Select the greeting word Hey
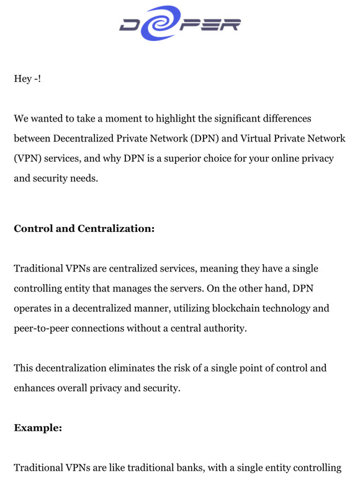[x=22, y=79]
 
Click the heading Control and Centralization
[x=84, y=228]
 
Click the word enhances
[x=34, y=388]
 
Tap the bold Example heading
[x=38, y=428]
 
